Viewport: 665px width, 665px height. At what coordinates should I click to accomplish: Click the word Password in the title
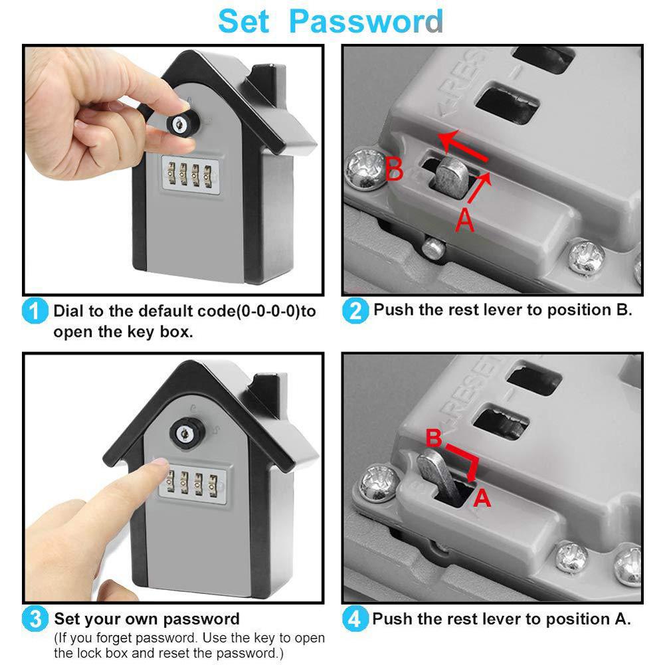click(x=366, y=21)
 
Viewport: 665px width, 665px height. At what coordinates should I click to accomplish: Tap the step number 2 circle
click(x=355, y=310)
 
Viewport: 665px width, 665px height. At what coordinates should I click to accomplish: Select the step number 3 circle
click(x=35, y=619)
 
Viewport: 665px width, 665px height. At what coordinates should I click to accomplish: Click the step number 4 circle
click(x=355, y=619)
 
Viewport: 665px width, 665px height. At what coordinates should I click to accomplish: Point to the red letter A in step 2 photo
click(x=466, y=220)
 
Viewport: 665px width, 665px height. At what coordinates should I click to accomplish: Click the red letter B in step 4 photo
click(x=433, y=439)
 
